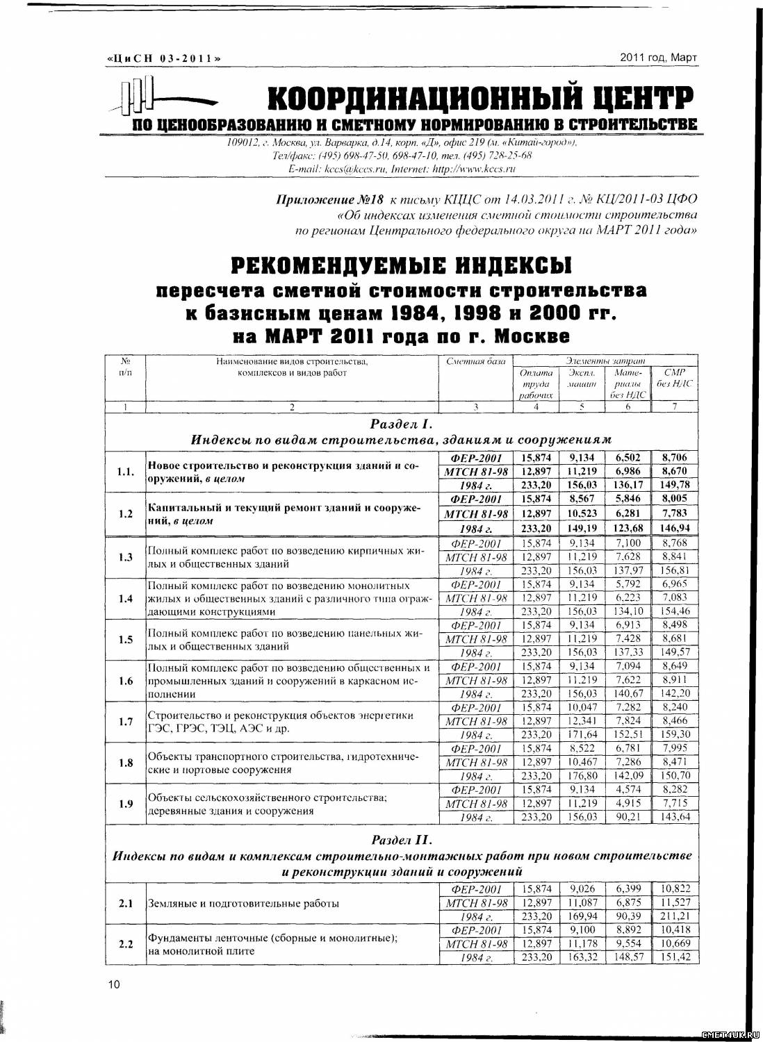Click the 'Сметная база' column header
click(x=475, y=361)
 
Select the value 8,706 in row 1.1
click(x=674, y=458)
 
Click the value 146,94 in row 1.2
click(x=674, y=528)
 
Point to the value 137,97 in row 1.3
click(x=628, y=570)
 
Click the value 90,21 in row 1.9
click(x=628, y=817)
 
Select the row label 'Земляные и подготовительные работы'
click(x=243, y=904)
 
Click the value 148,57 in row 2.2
click(x=628, y=957)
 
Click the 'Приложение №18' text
click(x=316, y=200)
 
